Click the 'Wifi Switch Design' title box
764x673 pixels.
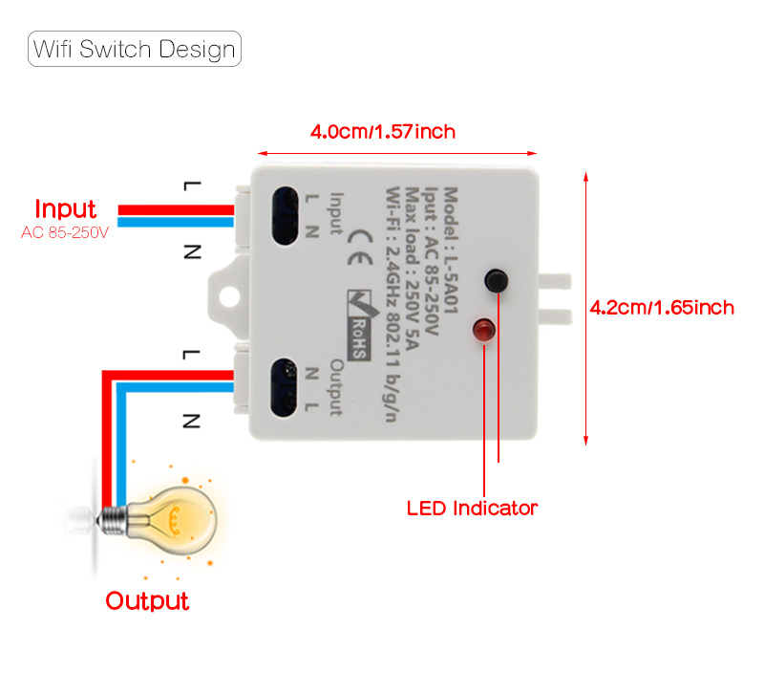(134, 49)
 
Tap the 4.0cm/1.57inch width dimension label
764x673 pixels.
(382, 131)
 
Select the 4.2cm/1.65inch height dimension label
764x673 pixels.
(662, 307)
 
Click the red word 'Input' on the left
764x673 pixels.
(66, 208)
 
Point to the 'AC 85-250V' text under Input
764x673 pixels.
(66, 232)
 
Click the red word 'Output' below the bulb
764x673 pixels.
(147, 601)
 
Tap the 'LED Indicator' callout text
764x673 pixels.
(472, 508)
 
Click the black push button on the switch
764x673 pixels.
(496, 280)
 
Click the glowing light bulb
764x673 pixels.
(174, 521)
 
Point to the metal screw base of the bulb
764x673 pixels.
(113, 519)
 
